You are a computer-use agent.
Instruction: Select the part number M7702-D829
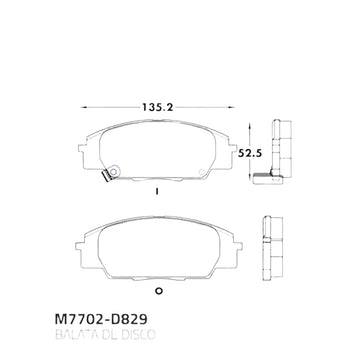(x=101, y=320)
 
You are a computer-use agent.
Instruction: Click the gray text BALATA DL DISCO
(x=105, y=335)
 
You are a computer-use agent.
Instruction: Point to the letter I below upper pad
(x=156, y=192)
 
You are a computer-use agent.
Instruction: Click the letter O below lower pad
(x=159, y=291)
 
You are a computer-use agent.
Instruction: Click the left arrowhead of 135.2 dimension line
(x=84, y=107)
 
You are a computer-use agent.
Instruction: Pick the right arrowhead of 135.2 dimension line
(x=232, y=107)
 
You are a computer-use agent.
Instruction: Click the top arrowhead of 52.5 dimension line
(x=250, y=126)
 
